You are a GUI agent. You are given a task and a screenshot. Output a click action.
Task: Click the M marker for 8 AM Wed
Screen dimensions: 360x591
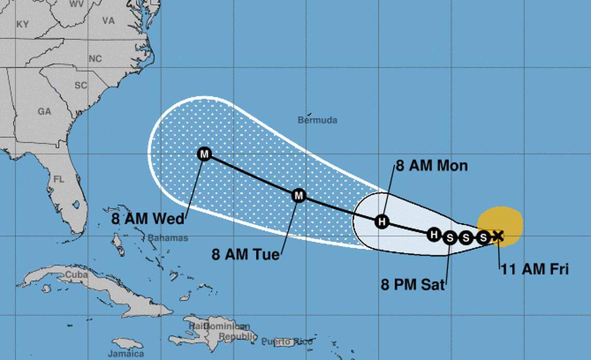[205, 154]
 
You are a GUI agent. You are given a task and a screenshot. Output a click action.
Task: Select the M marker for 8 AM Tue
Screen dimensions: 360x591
[299, 195]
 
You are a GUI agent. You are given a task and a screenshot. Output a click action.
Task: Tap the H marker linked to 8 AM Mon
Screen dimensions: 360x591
[382, 222]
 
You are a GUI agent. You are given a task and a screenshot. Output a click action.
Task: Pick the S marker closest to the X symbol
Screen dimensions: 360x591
[483, 237]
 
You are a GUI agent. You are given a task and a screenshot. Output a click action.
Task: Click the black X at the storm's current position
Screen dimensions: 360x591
[498, 236]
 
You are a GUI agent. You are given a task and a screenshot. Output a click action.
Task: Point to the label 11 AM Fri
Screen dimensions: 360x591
[534, 269]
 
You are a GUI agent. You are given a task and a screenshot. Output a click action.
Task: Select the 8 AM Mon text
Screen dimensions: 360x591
[432, 166]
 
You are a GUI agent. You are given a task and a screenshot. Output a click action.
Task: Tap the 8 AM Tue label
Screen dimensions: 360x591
[245, 254]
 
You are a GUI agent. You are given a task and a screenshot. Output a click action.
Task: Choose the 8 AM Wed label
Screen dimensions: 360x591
[148, 219]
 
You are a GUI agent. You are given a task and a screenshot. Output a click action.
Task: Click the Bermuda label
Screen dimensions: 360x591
[317, 120]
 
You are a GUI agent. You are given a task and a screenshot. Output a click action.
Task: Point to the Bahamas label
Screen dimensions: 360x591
[168, 238]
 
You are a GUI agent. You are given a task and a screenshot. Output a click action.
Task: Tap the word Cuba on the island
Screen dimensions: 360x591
[76, 275]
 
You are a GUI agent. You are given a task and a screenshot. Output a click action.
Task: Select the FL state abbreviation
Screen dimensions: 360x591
[59, 179]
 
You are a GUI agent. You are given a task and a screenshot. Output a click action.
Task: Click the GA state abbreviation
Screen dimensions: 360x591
[44, 111]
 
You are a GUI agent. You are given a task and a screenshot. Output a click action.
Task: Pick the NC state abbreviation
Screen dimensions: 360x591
[95, 59]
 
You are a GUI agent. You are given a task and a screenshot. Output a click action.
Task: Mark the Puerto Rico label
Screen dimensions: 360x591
[287, 341]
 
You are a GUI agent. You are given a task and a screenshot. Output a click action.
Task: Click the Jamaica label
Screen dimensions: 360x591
[125, 354]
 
